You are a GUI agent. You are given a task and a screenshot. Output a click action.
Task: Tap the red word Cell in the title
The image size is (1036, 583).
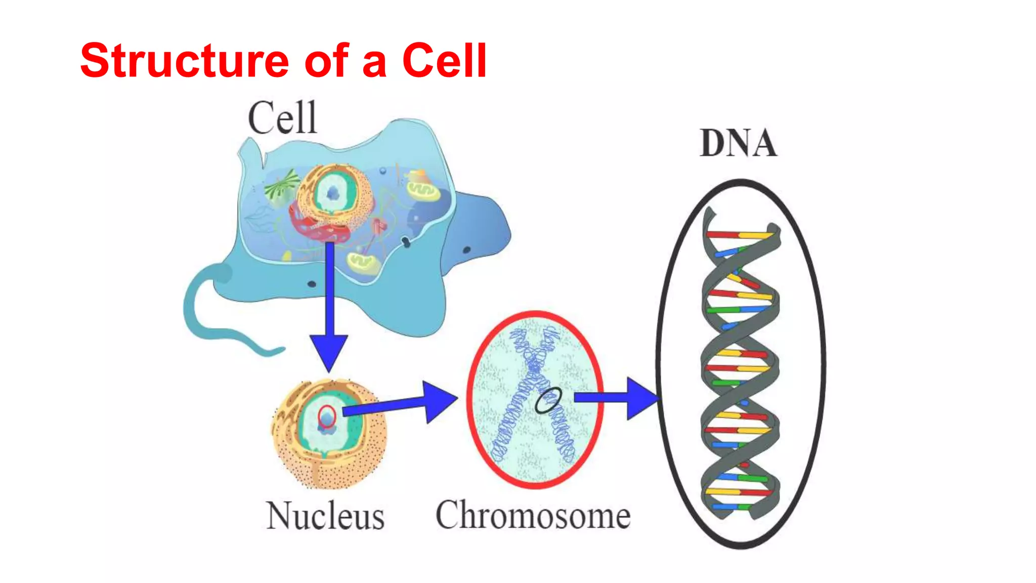tap(444, 61)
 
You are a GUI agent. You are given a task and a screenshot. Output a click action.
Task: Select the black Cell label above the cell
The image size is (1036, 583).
tap(282, 118)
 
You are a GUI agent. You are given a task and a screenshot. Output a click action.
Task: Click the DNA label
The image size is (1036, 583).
tap(738, 144)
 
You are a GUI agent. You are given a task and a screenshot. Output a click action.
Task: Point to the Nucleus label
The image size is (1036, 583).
tap(325, 516)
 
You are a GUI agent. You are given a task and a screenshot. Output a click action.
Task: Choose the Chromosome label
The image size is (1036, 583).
tap(533, 515)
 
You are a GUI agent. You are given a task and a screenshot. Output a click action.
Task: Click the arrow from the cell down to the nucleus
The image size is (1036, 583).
tap(329, 304)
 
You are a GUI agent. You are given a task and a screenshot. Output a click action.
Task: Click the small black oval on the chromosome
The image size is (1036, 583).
tap(548, 400)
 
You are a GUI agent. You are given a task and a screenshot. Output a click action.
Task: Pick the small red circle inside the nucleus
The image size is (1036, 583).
tap(327, 417)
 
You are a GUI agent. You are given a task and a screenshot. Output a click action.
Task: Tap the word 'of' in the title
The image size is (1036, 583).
tap(327, 61)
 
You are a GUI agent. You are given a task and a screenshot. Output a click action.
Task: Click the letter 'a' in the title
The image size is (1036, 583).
tap(375, 63)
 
